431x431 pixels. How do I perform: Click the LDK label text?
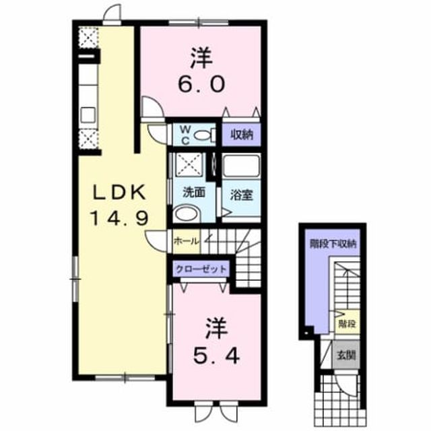pos(120,192)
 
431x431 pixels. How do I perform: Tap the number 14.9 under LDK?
pos(120,218)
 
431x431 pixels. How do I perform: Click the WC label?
pos(186,135)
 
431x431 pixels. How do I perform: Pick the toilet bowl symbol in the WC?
pos(205,135)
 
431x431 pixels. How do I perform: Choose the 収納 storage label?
pos(242,135)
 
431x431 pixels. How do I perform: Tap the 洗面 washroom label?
pos(194,193)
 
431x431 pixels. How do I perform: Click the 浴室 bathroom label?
pos(241,195)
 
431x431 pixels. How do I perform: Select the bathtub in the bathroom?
pos(241,166)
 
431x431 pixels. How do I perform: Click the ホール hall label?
pos(186,241)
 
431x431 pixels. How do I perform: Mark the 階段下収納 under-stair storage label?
pos(333,244)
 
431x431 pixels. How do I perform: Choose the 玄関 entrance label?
pos(346,355)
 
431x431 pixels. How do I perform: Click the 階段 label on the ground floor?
pos(347,324)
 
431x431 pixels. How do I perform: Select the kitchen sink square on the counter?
pos(88,114)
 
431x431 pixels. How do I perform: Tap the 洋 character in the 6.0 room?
pos(202,58)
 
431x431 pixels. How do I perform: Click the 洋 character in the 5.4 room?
pos(217,329)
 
